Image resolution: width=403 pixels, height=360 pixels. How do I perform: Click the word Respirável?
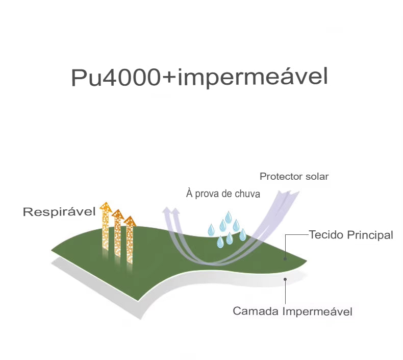[59, 212]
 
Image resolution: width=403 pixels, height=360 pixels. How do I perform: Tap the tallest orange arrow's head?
[106, 207]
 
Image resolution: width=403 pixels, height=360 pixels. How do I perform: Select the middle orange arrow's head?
[118, 214]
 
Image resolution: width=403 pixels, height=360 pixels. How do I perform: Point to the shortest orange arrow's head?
[130, 221]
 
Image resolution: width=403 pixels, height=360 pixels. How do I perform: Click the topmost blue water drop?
[228, 217]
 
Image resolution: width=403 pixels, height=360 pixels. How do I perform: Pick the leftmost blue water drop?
[211, 230]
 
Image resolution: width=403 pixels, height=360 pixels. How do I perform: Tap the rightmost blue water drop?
[243, 235]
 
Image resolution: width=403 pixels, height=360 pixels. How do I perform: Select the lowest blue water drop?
[220, 242]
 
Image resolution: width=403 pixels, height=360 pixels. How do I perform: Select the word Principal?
[370, 235]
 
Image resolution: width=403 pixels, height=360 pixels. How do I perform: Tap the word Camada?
[256, 311]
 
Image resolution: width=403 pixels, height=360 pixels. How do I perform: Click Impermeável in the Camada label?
[317, 311]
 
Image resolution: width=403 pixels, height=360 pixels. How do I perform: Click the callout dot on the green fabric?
[285, 258]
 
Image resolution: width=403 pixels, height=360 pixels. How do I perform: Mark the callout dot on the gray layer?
[285, 279]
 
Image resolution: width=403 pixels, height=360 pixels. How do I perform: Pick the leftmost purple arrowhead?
[166, 210]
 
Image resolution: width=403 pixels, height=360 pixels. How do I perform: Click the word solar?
[317, 177]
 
